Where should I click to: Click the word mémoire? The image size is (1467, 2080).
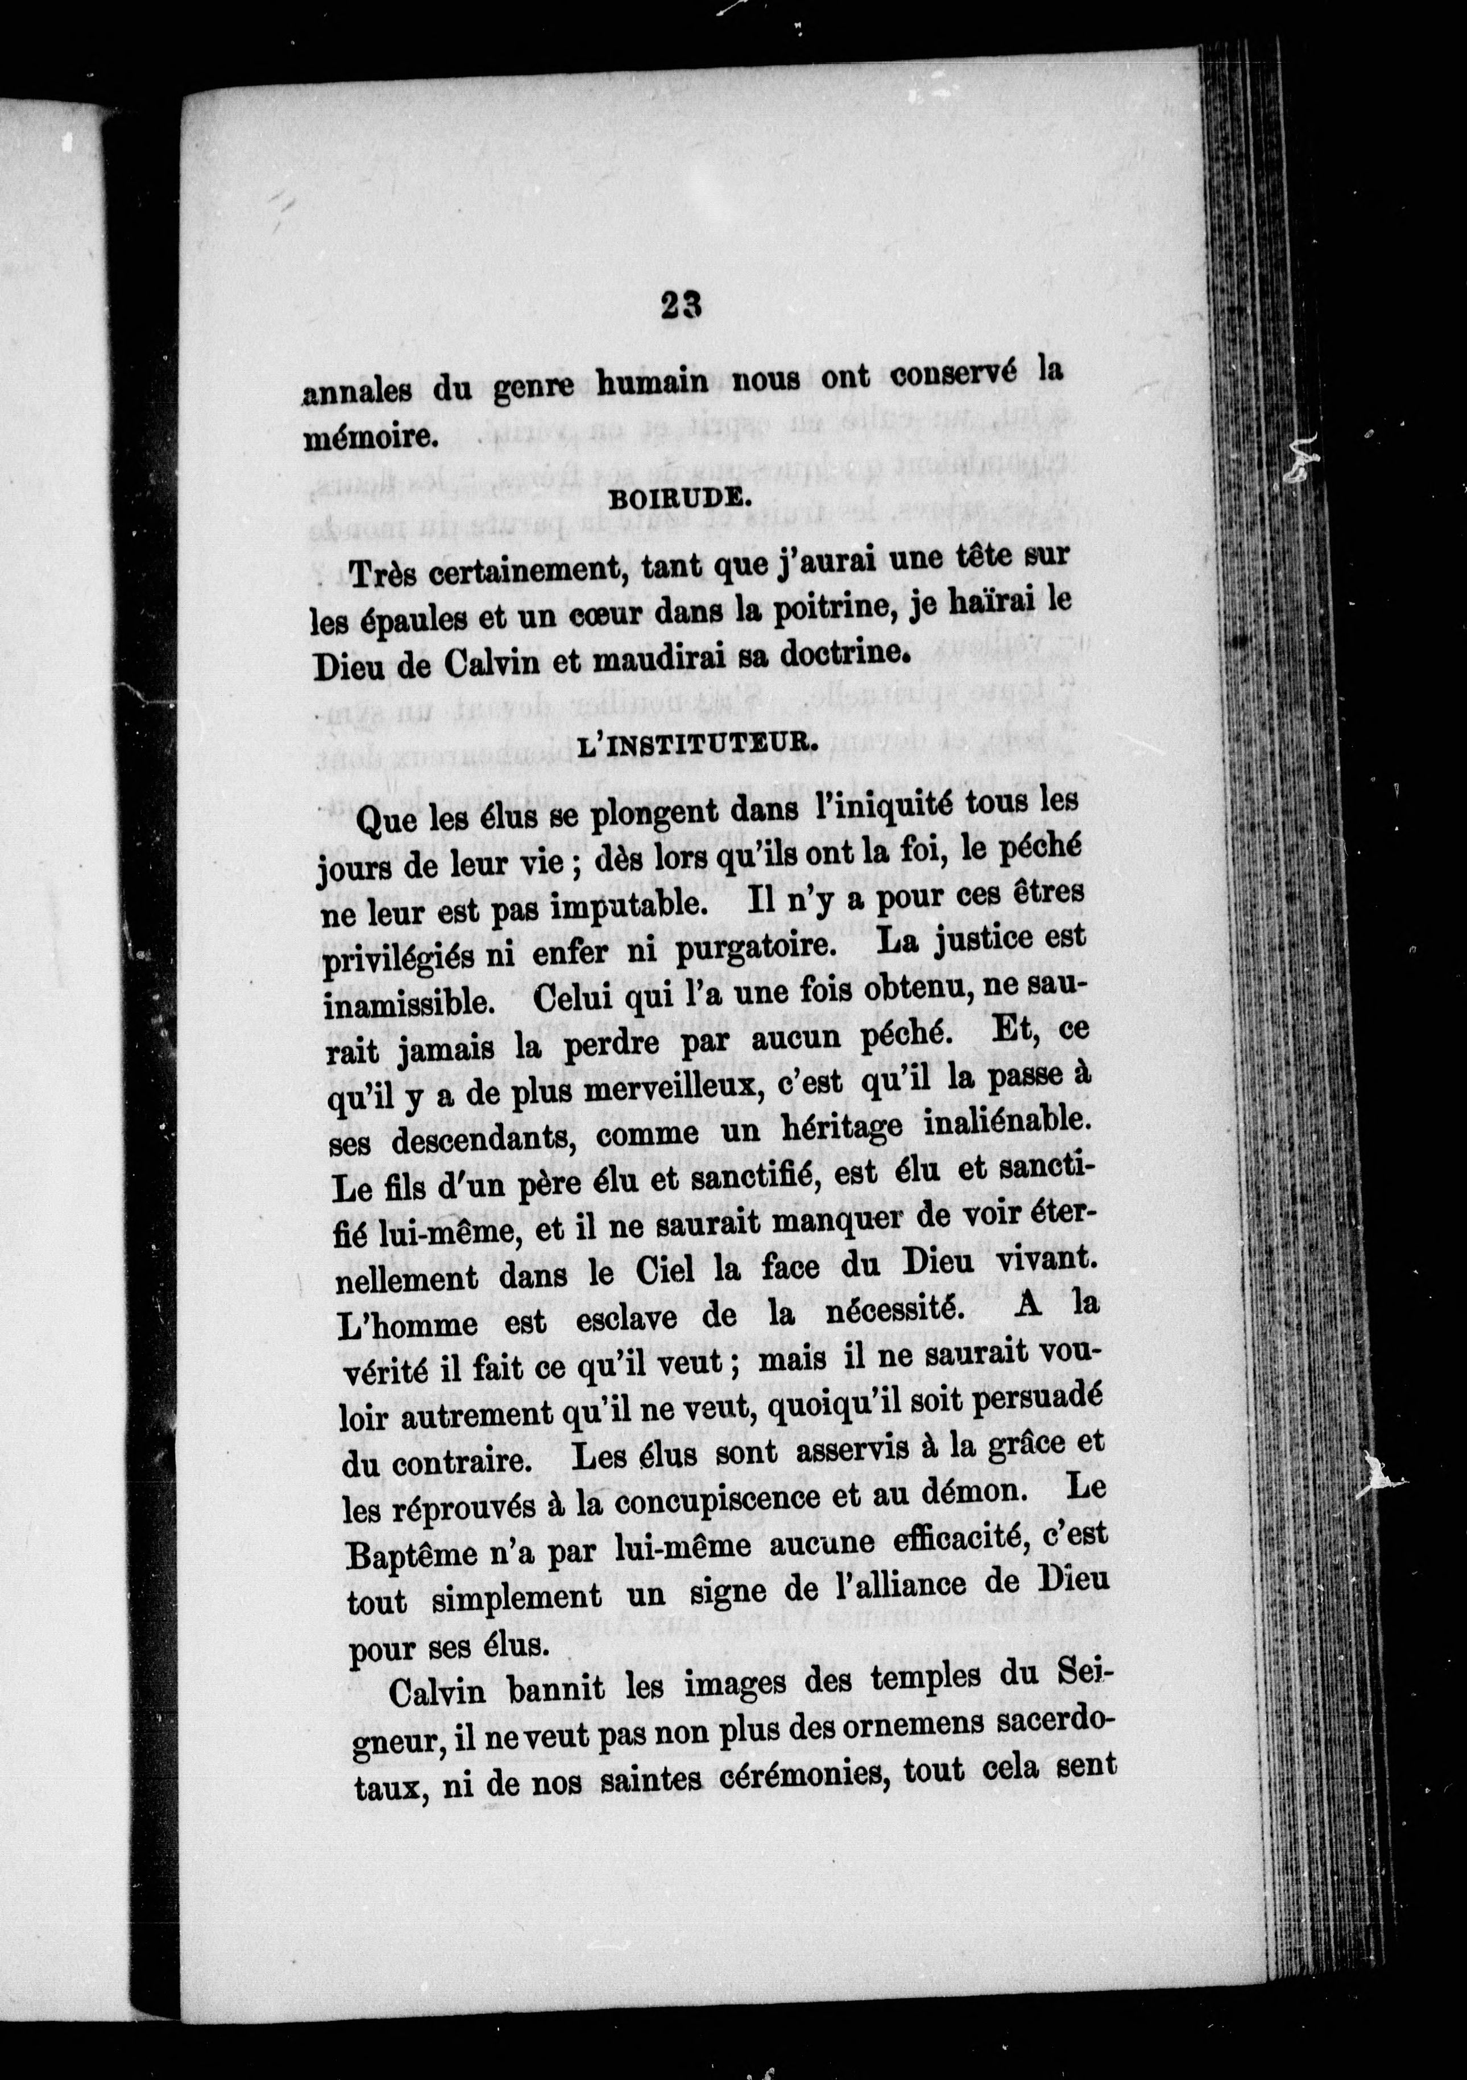pyautogui.click(x=370, y=436)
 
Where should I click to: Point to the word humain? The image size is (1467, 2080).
pyautogui.click(x=652, y=381)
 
